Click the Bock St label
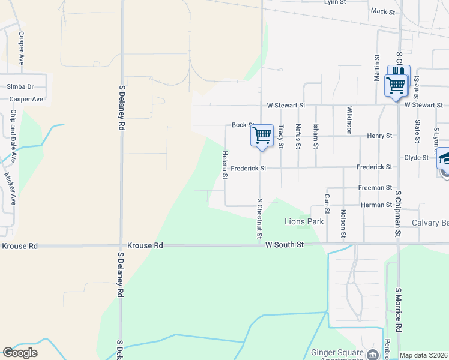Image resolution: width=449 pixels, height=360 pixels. click(243, 125)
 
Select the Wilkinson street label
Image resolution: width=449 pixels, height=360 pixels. click(349, 120)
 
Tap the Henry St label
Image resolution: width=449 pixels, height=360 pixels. click(380, 136)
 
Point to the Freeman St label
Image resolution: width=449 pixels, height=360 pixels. click(375, 188)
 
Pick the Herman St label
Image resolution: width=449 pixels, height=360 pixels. click(376, 205)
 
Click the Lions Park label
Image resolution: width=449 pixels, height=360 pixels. click(304, 222)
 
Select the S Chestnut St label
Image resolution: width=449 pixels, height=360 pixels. click(260, 218)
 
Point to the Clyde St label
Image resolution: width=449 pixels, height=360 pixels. click(416, 158)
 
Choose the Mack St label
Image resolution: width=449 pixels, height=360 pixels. click(383, 11)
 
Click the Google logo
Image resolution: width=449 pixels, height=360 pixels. click(20, 353)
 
